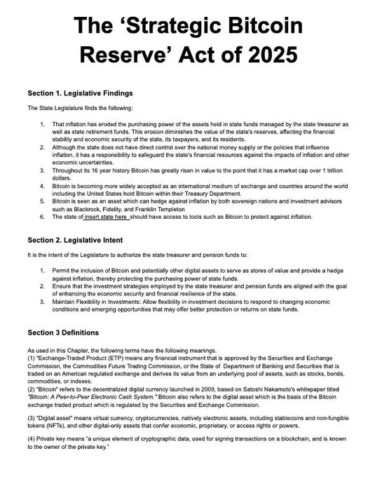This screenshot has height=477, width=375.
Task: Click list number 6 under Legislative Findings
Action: pos(43,217)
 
